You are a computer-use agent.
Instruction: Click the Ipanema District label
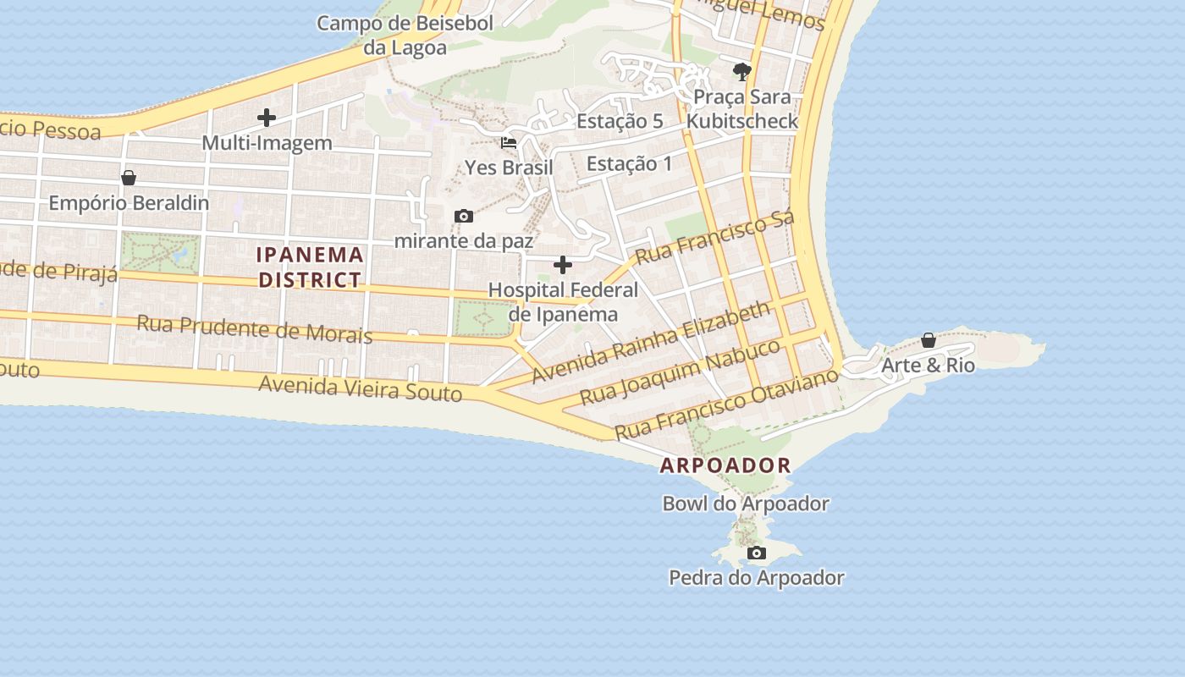[x=310, y=267]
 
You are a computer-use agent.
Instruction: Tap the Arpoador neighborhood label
[x=725, y=465]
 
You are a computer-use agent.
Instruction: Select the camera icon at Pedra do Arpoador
[x=757, y=553]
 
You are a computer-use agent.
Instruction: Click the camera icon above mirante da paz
[x=463, y=217]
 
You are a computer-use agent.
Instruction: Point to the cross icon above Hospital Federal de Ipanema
[x=563, y=266]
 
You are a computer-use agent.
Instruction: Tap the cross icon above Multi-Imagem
[x=267, y=118]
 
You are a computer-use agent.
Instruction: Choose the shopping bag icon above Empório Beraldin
[x=129, y=178]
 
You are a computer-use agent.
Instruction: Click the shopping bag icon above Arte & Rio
[x=929, y=340]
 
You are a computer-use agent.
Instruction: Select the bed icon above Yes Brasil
[x=509, y=142]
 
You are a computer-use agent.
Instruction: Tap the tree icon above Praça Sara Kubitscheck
[x=742, y=71]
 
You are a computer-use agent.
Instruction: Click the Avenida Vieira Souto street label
[x=361, y=388]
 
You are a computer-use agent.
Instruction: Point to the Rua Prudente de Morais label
[x=254, y=328]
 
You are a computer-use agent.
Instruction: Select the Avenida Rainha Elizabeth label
[x=652, y=344]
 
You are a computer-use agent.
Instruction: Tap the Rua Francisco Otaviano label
[x=726, y=403]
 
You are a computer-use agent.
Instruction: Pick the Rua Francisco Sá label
[x=715, y=238]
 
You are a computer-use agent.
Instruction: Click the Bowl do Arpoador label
[x=745, y=504]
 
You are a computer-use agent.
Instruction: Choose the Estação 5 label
[x=620, y=121]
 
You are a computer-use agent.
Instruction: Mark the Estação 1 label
[x=629, y=163]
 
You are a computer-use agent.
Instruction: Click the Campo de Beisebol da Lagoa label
[x=405, y=35]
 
